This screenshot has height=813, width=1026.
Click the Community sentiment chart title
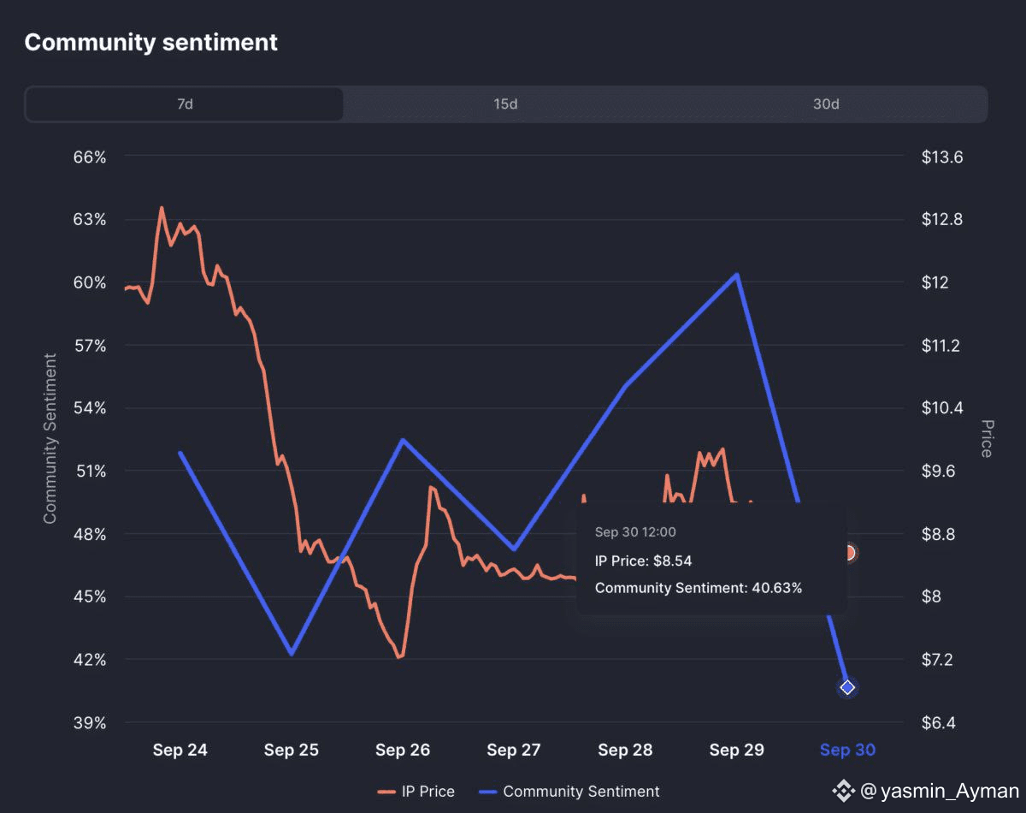[150, 42]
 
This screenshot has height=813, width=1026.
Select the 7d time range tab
[185, 104]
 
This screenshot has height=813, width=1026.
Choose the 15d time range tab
[505, 104]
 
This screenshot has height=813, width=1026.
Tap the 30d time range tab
[826, 104]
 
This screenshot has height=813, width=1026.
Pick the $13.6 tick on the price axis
[942, 157]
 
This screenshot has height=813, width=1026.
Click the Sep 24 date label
[180, 751]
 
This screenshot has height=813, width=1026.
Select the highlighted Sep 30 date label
[847, 751]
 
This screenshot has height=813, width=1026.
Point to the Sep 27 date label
[514, 751]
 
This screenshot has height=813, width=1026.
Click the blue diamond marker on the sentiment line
[847, 687]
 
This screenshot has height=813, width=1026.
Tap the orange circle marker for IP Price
[848, 553]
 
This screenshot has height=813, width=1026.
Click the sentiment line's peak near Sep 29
[736, 275]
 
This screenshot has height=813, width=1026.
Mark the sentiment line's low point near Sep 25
[292, 654]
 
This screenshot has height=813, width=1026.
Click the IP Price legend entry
[416, 792]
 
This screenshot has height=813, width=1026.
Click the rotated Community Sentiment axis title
[50, 438]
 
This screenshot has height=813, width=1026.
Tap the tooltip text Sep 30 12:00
[635, 532]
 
